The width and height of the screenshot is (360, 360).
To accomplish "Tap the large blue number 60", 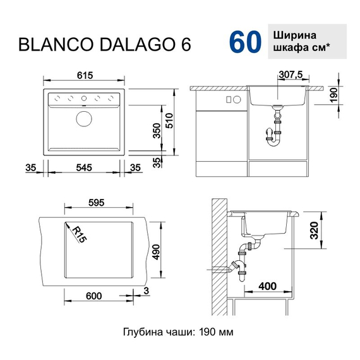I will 244,42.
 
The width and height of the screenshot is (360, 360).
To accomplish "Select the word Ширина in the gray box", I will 294,35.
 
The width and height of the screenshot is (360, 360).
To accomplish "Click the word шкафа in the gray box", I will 289,49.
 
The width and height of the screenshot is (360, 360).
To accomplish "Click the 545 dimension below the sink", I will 85,167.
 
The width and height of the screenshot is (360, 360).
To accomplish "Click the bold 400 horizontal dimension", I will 267,288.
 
